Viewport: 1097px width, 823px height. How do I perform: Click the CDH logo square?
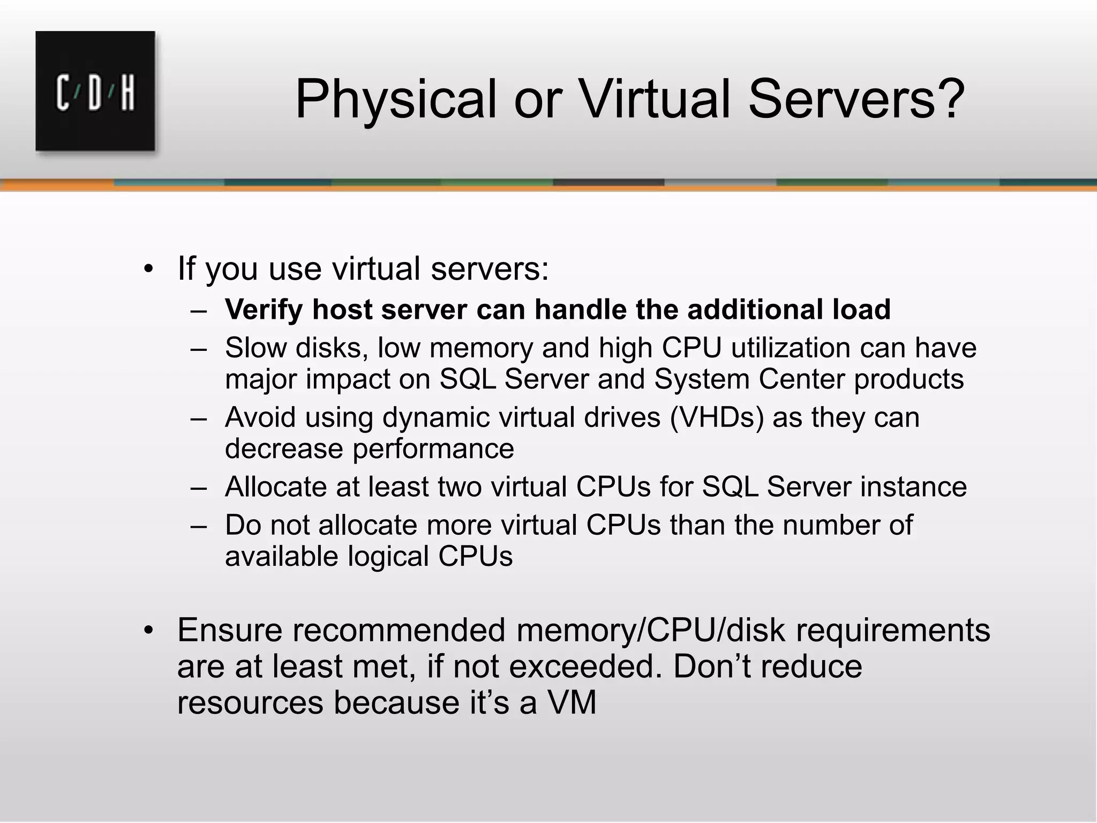95,91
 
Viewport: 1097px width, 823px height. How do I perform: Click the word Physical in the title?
395,100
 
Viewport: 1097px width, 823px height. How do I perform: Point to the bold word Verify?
264,310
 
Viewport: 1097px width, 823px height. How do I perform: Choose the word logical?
388,556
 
